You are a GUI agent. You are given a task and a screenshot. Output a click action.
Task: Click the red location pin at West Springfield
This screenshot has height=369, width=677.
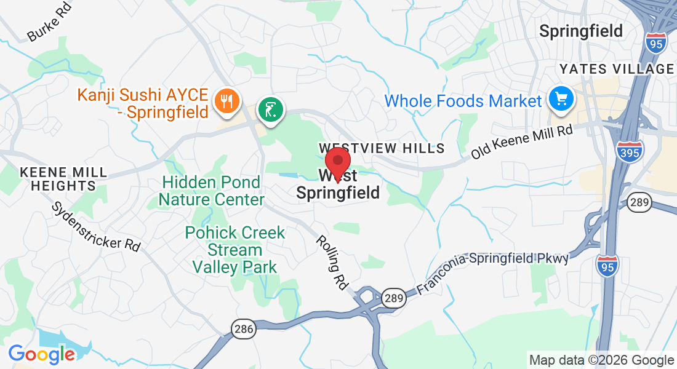[338, 163]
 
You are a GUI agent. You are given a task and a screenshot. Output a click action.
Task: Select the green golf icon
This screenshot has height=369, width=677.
[271, 110]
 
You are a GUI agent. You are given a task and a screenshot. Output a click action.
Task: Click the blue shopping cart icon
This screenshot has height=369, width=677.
[561, 98]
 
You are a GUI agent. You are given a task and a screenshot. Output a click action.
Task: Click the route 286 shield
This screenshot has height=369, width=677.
[244, 329]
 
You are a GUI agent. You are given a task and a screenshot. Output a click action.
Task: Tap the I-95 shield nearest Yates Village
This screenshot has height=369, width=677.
[657, 42]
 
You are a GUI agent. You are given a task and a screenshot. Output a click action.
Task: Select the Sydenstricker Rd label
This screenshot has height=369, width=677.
[96, 226]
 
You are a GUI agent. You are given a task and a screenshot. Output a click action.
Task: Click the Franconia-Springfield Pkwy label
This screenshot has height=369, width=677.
[492, 271]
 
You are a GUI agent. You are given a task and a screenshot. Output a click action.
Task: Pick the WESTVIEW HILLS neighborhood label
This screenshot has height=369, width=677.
[382, 148]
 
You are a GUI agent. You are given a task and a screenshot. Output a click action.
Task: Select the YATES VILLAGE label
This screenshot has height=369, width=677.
[616, 69]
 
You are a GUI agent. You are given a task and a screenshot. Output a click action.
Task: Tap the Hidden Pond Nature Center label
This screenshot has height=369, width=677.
[211, 191]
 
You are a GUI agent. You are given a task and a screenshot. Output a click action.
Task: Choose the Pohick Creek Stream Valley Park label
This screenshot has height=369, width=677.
[235, 250]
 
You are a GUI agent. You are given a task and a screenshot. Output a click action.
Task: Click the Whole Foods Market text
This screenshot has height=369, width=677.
[463, 101]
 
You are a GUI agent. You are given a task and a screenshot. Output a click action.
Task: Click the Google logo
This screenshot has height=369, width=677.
[42, 354]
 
